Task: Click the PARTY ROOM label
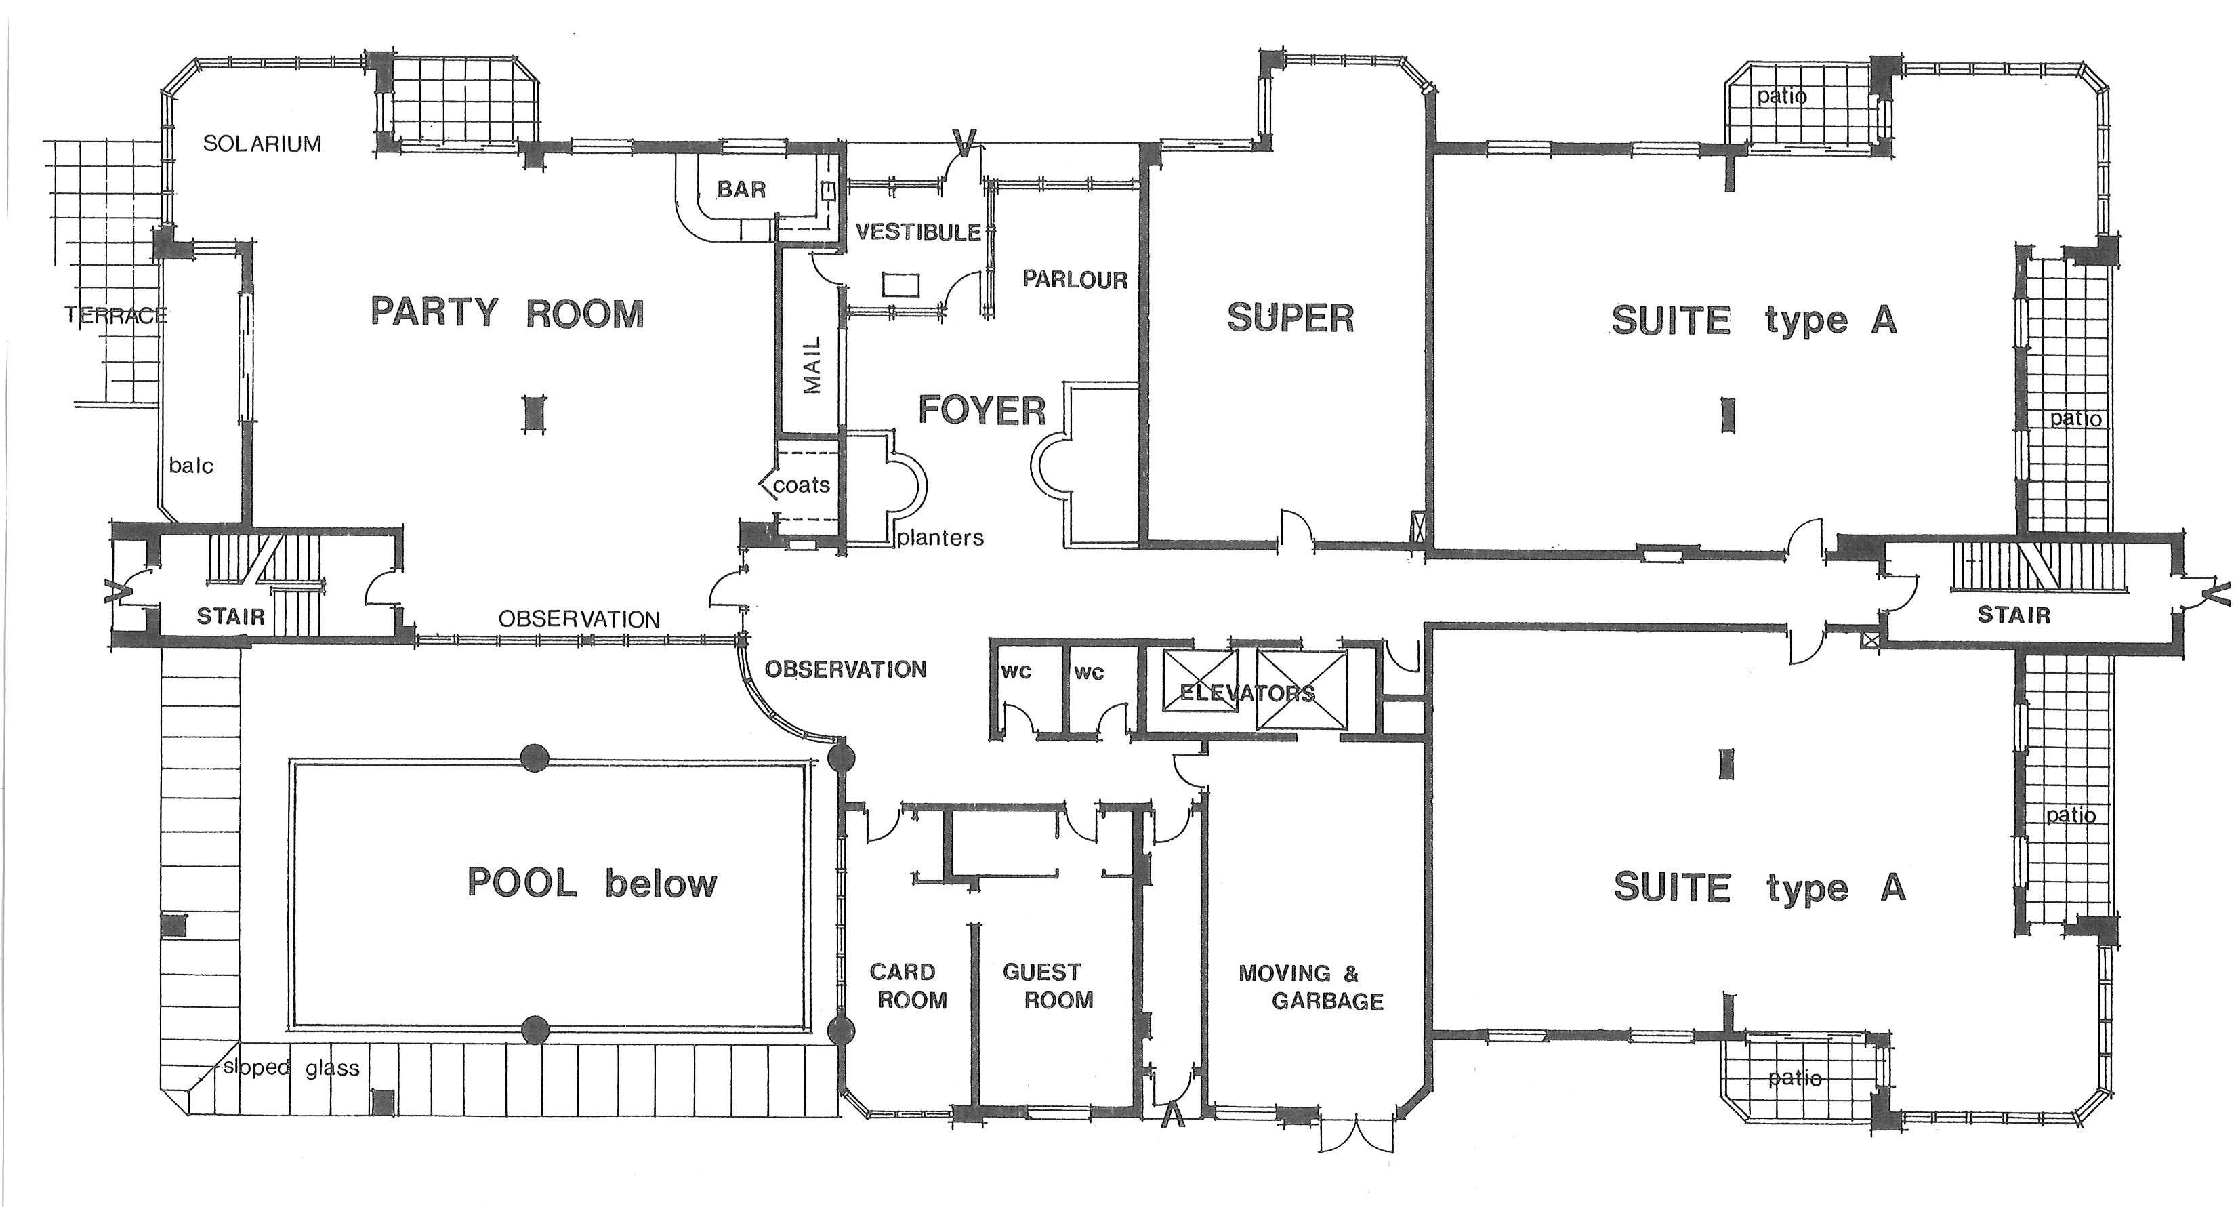pyautogui.click(x=508, y=312)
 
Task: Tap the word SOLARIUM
pyautogui.click(x=262, y=143)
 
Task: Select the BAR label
pyautogui.click(x=741, y=189)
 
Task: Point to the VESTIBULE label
pyautogui.click(x=918, y=232)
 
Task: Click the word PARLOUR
pyautogui.click(x=1075, y=280)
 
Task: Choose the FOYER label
pyautogui.click(x=982, y=411)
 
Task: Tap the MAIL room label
pyautogui.click(x=812, y=365)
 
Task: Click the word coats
pyautogui.click(x=801, y=485)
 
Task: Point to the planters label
pyautogui.click(x=941, y=538)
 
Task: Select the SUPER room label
pyautogui.click(x=1291, y=319)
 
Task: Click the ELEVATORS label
pyautogui.click(x=1247, y=693)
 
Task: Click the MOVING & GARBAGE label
pyautogui.click(x=1310, y=987)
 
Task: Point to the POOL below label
pyautogui.click(x=593, y=883)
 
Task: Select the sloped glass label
pyautogui.click(x=291, y=1067)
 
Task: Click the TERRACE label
pyautogui.click(x=115, y=315)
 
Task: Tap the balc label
pyautogui.click(x=191, y=466)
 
